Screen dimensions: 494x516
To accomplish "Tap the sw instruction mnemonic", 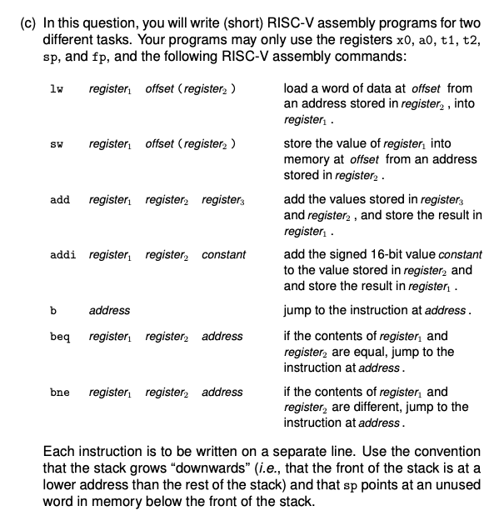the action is (57, 145).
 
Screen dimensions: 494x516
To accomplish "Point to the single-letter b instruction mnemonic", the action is (52, 310).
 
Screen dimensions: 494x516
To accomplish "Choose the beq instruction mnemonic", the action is (59, 337).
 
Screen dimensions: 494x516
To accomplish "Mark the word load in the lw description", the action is (297, 88).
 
